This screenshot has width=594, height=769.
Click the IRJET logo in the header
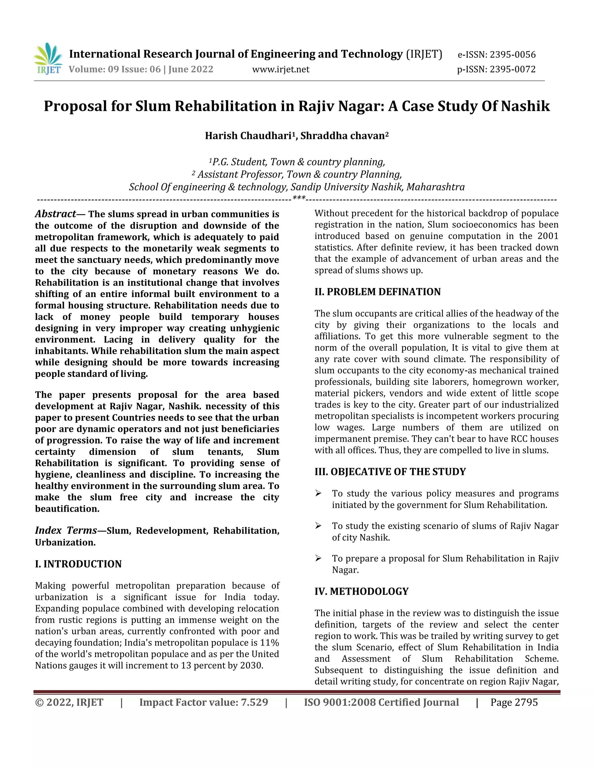[x=48, y=59]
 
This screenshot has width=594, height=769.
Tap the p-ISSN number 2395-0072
[x=513, y=69]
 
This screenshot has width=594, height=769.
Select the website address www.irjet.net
[x=281, y=69]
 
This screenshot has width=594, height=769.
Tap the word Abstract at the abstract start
[x=55, y=214]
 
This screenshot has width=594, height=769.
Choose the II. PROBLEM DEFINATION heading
[x=377, y=292]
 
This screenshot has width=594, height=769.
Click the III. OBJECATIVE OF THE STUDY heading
[x=390, y=472]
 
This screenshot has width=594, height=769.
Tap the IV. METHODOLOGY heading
[x=361, y=591]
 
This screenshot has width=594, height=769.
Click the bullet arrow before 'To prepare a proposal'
[x=318, y=558]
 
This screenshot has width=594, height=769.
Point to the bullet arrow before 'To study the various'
[x=318, y=494]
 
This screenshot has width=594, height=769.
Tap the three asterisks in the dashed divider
[x=299, y=198]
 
